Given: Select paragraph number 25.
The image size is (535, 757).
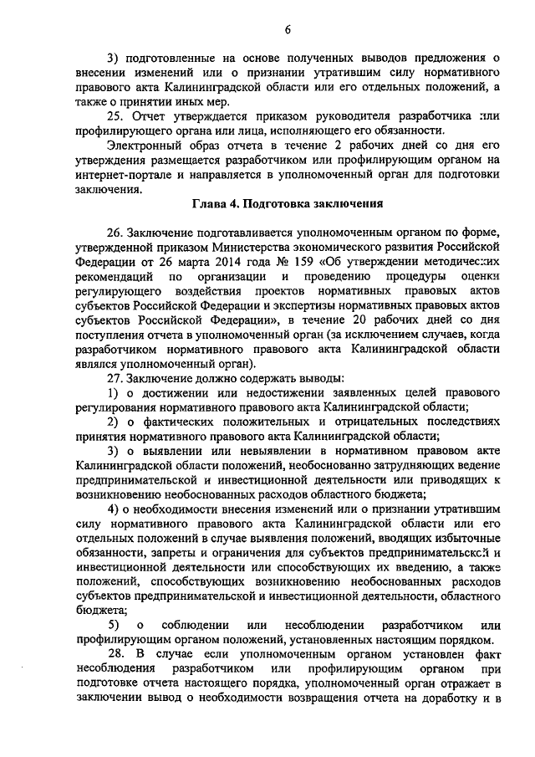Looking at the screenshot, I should point(117,117).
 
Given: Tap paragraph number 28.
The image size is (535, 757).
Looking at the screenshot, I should point(117,652).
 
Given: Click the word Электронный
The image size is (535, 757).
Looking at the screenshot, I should point(141,146).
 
